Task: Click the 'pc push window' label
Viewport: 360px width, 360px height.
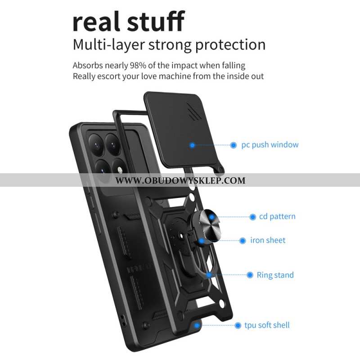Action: (270, 145)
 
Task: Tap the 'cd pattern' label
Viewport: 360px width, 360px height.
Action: (277, 216)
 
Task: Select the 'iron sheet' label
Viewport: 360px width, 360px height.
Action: (268, 240)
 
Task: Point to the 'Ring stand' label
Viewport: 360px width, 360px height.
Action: (275, 275)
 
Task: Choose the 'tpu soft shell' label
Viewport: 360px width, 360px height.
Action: (267, 325)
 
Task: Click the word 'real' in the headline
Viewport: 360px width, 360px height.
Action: (96, 22)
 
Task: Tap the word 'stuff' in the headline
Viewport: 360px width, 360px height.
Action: (156, 21)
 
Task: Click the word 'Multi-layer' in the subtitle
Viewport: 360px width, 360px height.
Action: (108, 45)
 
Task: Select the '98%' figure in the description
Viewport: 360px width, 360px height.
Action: (138, 65)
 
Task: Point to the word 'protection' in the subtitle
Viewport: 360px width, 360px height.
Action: (230, 45)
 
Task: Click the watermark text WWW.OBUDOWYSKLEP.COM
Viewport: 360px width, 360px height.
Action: (180, 180)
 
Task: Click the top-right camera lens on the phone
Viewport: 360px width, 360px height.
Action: (113, 144)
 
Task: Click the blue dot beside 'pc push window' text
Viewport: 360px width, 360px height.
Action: (233, 145)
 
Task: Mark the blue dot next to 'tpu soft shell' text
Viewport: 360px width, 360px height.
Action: (238, 325)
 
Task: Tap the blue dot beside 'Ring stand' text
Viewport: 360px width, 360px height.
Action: (250, 275)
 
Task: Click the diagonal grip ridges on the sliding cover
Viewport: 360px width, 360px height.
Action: (194, 111)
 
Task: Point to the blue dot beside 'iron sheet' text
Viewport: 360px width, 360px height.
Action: (243, 241)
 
